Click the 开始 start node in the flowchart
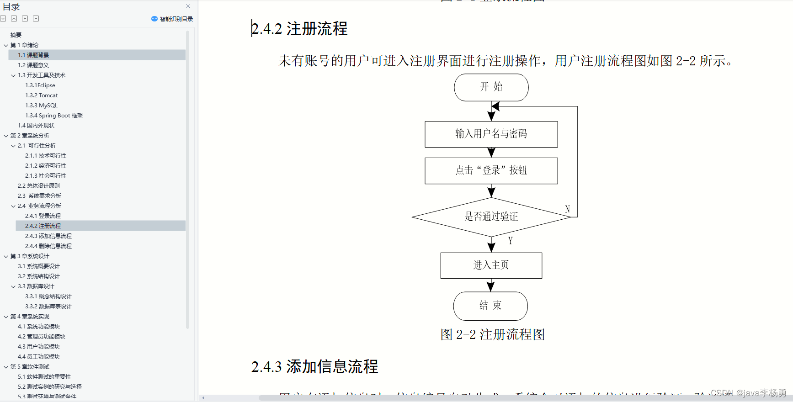(x=491, y=87)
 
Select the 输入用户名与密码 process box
(x=491, y=134)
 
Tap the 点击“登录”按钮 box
(x=491, y=170)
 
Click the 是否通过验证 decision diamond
(x=491, y=217)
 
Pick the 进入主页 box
(x=491, y=265)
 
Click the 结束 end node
(x=490, y=306)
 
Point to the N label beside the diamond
(x=567, y=209)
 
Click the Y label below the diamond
(x=510, y=241)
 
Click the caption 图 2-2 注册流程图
(x=492, y=334)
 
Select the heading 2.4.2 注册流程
(x=299, y=29)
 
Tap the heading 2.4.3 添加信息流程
(x=314, y=366)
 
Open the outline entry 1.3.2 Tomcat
(x=42, y=95)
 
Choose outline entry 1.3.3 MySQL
(x=42, y=106)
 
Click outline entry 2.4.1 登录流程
(x=43, y=216)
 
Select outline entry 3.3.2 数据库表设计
(x=48, y=307)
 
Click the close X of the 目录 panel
(x=188, y=6)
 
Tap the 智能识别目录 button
(x=172, y=19)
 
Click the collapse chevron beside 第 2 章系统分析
(x=6, y=136)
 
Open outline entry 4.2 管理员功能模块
(x=42, y=337)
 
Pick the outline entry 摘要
(x=16, y=35)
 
